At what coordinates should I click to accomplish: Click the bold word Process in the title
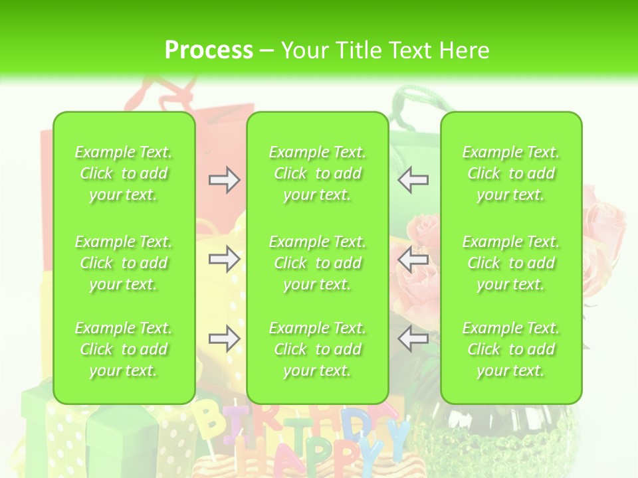pyautogui.click(x=209, y=50)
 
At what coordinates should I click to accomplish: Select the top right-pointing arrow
pyautogui.click(x=224, y=180)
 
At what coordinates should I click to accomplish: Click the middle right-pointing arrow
pyautogui.click(x=224, y=259)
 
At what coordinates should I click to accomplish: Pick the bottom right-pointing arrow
pyautogui.click(x=224, y=339)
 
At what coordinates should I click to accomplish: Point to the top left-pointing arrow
pyautogui.click(x=413, y=180)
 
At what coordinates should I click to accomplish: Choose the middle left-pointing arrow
pyautogui.click(x=413, y=259)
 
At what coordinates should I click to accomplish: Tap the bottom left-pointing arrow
pyautogui.click(x=413, y=339)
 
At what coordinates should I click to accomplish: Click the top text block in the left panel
pyautogui.click(x=124, y=173)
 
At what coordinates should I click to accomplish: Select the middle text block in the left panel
pyautogui.click(x=124, y=263)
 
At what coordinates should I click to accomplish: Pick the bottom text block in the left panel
pyautogui.click(x=124, y=349)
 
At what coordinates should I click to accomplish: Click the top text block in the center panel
pyautogui.click(x=318, y=173)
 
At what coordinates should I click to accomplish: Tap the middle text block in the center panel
pyautogui.click(x=318, y=263)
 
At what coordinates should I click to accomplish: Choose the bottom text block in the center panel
pyautogui.click(x=318, y=349)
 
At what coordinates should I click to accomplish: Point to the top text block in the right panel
pyautogui.click(x=511, y=173)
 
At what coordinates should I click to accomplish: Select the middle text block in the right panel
pyautogui.click(x=511, y=263)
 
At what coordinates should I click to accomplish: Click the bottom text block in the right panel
pyautogui.click(x=511, y=349)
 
